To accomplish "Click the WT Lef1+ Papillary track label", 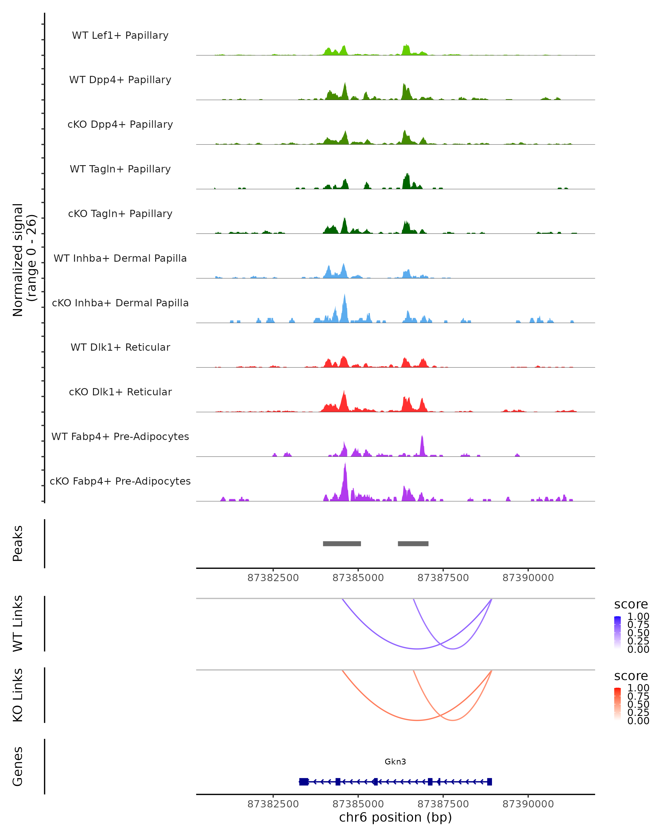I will pos(120,35).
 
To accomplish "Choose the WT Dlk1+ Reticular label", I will pos(120,347).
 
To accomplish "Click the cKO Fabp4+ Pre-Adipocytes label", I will pos(120,481).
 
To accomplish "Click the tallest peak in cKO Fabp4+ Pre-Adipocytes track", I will pos(345,466).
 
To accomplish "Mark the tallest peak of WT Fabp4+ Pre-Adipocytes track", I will pos(422,437).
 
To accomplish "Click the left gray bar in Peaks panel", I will pos(342,543).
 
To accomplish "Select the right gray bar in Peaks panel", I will pos(413,543).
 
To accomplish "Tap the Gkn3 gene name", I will pos(395,762).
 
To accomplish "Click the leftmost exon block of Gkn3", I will pos(304,781).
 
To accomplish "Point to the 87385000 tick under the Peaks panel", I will pos(358,578).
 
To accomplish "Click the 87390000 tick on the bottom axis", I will pos(528,804).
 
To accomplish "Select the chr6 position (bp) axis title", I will pos(395,817).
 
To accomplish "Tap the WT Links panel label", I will pos(18,624).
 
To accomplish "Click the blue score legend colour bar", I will pos(617,632).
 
